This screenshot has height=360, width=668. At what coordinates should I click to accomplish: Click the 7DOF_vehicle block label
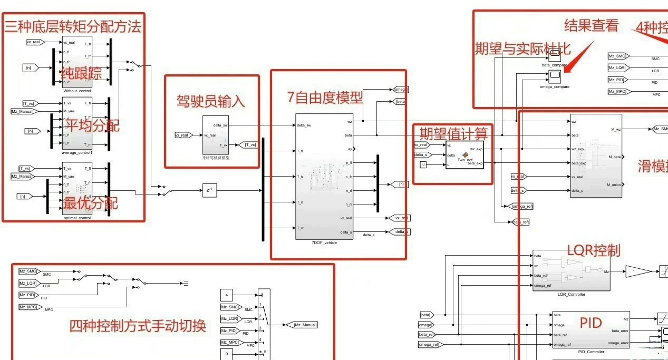(324, 242)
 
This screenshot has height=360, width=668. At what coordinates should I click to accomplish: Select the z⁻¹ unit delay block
(209, 190)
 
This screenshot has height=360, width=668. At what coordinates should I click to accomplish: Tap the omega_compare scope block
(554, 77)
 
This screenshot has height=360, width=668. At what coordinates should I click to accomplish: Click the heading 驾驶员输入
(210, 101)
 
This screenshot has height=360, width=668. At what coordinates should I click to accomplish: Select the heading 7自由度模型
(325, 97)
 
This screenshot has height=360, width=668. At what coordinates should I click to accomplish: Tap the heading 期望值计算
(453, 132)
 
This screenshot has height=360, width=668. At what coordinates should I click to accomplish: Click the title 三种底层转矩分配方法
(73, 25)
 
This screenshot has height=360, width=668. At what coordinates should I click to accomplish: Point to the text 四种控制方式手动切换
(137, 325)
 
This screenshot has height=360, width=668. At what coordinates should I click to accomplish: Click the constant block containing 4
(227, 295)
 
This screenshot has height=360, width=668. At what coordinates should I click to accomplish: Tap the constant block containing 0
(227, 354)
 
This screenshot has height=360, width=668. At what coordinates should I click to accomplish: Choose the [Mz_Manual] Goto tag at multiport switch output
(305, 325)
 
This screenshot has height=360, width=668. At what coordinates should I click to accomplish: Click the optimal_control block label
(77, 218)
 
